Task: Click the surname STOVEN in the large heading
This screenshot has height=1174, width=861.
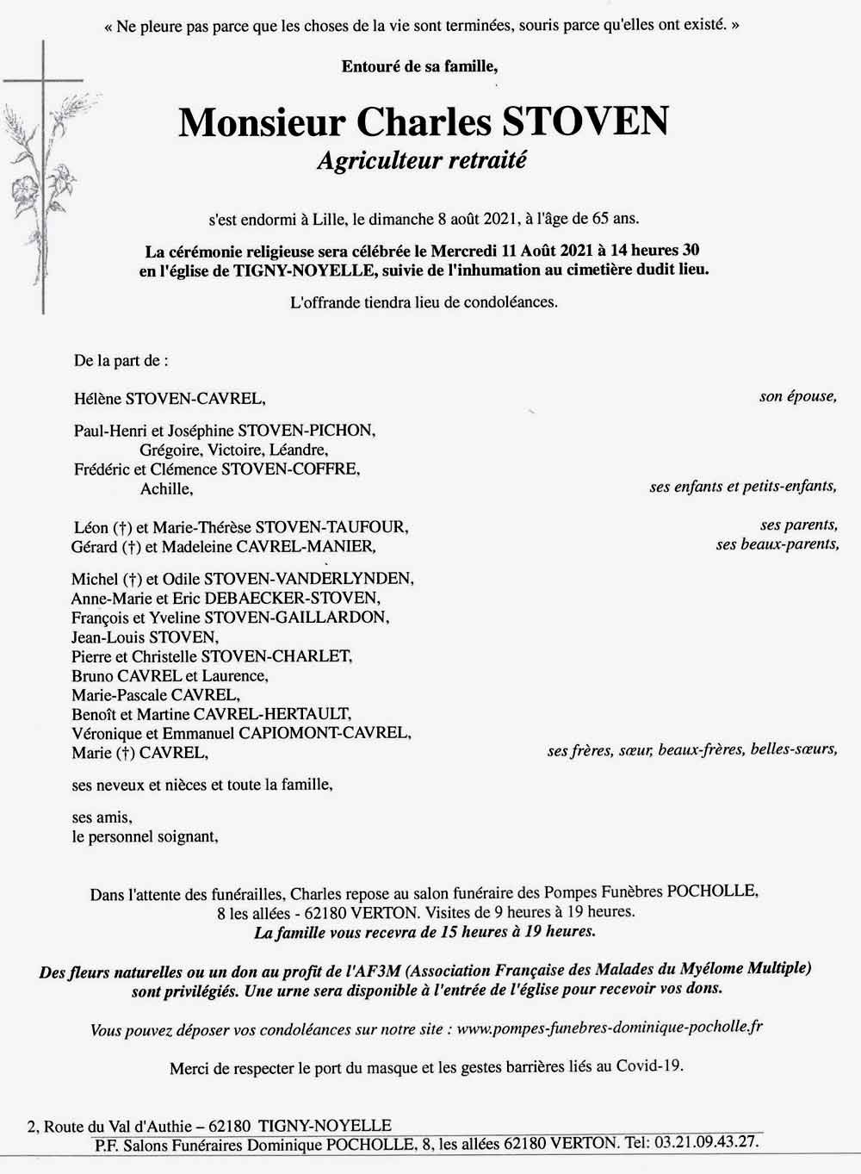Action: pos(585,121)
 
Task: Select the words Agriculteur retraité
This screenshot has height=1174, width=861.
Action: pos(421,160)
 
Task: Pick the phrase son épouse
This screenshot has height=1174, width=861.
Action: pos(797,397)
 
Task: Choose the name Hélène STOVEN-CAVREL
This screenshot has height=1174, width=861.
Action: pos(169,399)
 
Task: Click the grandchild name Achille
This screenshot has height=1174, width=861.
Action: pos(166,489)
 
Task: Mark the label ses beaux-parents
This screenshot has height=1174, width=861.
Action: pos(777,544)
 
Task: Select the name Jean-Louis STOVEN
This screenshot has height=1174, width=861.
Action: pos(145,637)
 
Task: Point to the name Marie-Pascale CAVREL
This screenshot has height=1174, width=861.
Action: pos(155,695)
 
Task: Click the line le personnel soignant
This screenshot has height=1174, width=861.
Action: pos(145,836)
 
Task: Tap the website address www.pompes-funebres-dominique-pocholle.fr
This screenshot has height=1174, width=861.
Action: pos(609,1028)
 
